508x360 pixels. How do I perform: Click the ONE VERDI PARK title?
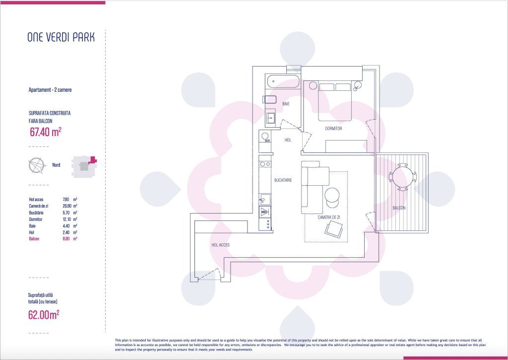[61, 37]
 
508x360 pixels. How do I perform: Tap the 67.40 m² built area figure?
[45, 132]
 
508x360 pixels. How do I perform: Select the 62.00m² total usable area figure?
[44, 314]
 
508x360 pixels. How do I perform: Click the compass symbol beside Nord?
[36, 165]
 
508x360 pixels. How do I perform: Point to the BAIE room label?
[286, 104]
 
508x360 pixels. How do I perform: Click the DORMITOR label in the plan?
[333, 129]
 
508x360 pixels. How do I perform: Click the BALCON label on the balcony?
[399, 208]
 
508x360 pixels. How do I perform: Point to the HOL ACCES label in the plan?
[220, 245]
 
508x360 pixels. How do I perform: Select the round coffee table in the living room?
[332, 195]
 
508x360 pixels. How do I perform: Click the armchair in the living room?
[334, 229]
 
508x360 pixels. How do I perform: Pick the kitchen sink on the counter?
[265, 200]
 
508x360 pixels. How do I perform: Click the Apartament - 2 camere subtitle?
[50, 90]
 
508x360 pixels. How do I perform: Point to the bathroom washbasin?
[271, 118]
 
